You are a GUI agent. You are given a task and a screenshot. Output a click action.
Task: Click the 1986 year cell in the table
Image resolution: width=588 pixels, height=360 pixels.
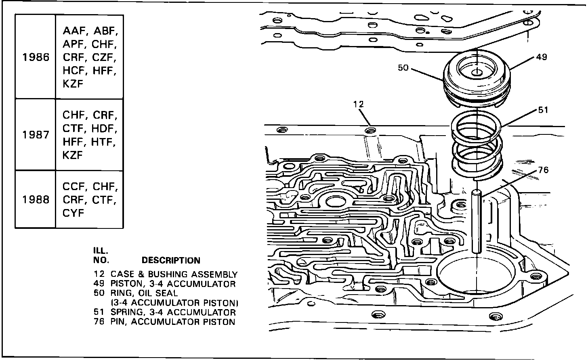click(x=36, y=57)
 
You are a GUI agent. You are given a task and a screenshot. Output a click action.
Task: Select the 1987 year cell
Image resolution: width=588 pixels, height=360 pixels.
click(x=36, y=135)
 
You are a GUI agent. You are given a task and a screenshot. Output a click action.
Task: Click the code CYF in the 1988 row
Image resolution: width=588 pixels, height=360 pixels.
click(x=73, y=213)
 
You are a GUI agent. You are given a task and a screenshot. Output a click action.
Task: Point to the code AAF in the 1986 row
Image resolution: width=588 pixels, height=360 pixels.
click(x=73, y=31)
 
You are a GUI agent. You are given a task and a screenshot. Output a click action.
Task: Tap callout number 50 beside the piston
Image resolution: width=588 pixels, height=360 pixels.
click(x=403, y=68)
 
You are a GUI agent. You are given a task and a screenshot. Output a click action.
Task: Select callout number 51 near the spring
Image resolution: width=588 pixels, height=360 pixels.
click(x=543, y=110)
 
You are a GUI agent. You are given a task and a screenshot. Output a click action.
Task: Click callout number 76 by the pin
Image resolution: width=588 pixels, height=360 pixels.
click(x=543, y=170)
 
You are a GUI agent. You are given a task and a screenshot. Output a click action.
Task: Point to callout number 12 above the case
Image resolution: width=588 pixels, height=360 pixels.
click(x=358, y=104)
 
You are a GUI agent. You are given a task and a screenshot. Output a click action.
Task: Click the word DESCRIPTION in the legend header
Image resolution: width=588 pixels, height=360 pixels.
click(x=171, y=261)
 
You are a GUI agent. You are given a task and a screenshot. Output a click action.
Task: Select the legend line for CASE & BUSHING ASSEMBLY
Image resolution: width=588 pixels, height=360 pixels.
click(x=174, y=274)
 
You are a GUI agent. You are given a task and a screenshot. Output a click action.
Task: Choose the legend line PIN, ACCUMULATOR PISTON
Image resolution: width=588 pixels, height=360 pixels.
click(x=172, y=322)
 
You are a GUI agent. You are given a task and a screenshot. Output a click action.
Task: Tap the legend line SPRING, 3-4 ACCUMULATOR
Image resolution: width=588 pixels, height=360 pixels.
click(x=173, y=312)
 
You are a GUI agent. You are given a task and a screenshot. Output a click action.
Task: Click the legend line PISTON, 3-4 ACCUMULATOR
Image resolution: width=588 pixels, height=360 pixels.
click(x=173, y=284)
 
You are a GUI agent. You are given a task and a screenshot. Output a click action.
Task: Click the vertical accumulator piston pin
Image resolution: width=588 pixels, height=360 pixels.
click(x=477, y=222)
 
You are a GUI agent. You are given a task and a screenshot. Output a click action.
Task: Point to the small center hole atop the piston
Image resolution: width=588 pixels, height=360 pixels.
click(x=477, y=73)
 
